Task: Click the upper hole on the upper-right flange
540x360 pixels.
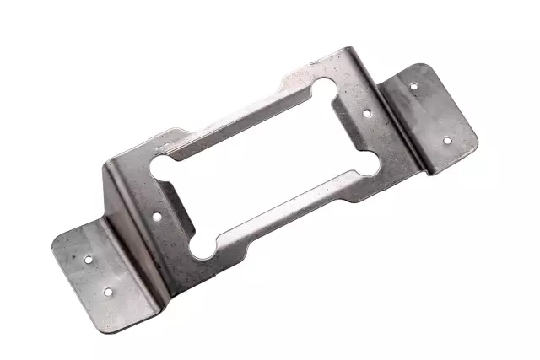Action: pos(413,85)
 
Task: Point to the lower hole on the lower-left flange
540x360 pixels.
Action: pos(107,292)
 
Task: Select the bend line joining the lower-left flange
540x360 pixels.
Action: pos(139,253)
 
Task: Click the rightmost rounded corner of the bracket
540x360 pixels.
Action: pos(475,137)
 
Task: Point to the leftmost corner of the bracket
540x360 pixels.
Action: pos(53,243)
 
